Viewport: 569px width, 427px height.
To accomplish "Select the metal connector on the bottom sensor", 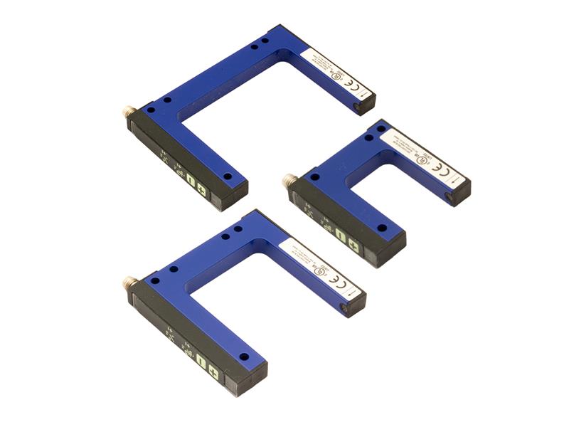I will pos(130,283).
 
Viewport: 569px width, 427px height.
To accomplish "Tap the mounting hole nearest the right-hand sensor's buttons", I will pos(382,228).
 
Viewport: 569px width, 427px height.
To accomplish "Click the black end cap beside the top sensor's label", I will pos(364,106).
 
